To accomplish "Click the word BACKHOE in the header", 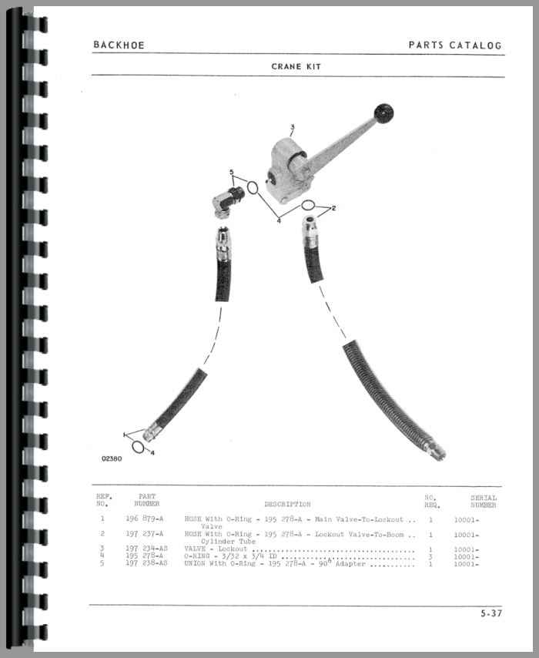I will click(x=119, y=45).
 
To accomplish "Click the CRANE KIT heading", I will click(x=296, y=66).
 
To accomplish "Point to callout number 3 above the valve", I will click(x=293, y=127).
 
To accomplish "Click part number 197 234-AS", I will click(x=146, y=549).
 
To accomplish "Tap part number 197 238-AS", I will click(x=146, y=564).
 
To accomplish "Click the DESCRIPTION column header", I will click(x=287, y=504).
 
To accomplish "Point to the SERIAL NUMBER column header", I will click(x=484, y=501).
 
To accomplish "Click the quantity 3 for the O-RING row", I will click(x=430, y=556).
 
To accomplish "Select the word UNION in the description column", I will click(x=194, y=564).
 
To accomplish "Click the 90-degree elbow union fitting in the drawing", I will click(x=228, y=198).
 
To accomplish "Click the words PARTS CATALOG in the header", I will click(x=454, y=45).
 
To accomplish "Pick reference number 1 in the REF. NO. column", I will click(x=102, y=519).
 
